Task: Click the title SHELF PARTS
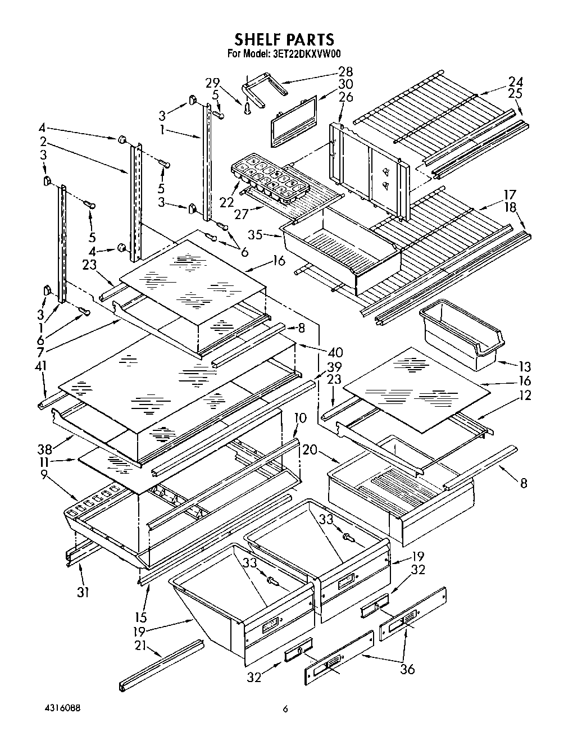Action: tap(284, 39)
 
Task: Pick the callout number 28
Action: tap(345, 71)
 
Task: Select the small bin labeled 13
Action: tap(462, 335)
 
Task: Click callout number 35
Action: tap(256, 235)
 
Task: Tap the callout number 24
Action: tap(516, 80)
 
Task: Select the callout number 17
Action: tap(509, 195)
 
